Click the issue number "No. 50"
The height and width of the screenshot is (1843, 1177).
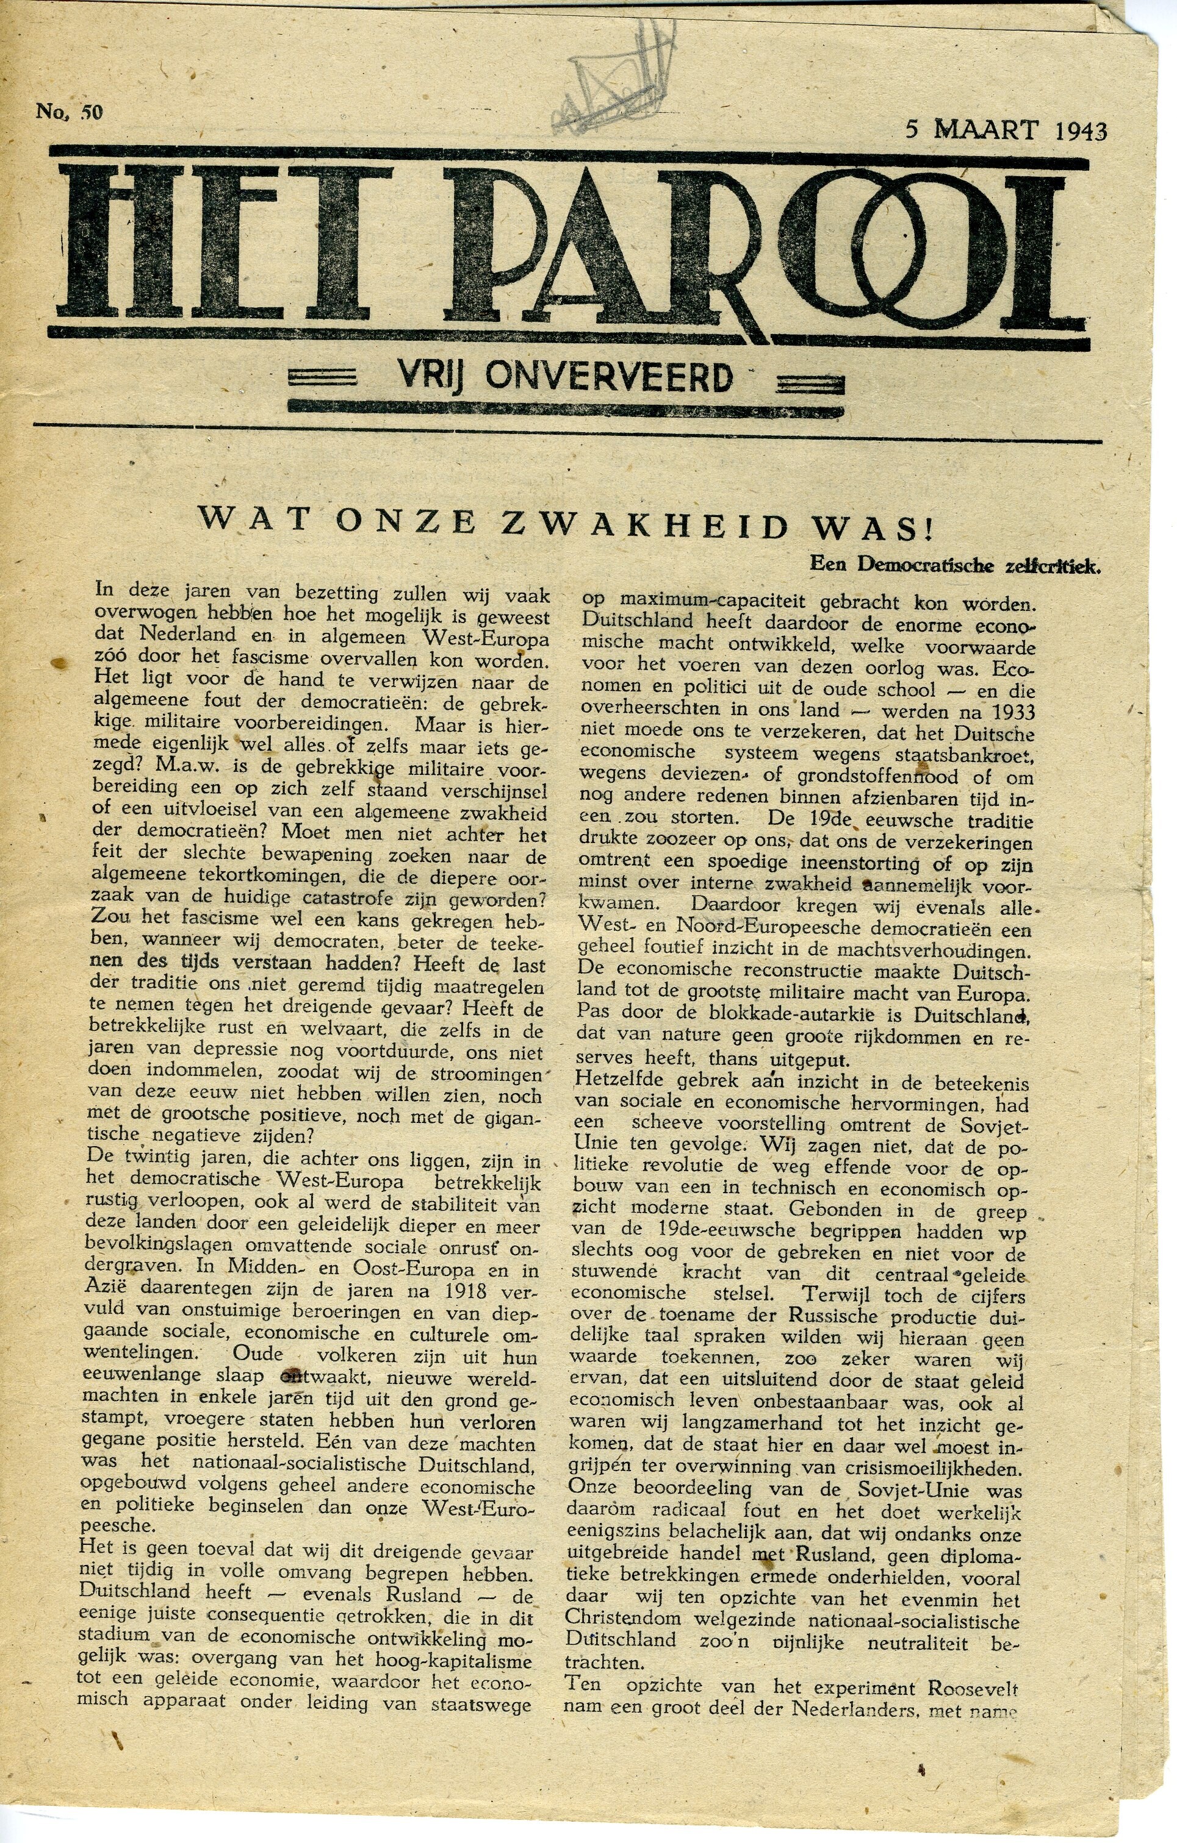(x=69, y=113)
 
